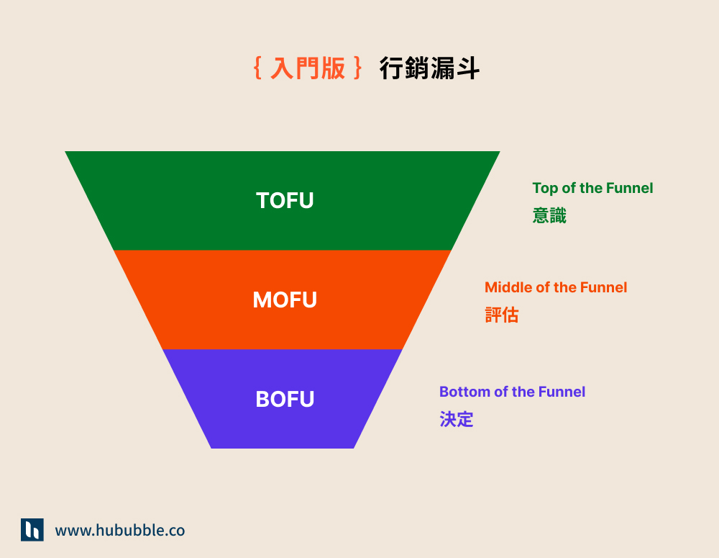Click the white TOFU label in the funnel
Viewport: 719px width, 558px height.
coord(285,200)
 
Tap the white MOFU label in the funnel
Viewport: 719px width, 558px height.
coord(285,300)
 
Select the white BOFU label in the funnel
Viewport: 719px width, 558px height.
coord(285,399)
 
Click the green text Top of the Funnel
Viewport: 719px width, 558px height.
coord(592,188)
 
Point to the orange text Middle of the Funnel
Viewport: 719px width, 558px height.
coord(556,287)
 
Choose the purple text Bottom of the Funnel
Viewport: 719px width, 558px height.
coord(512,392)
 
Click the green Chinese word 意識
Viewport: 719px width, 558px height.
coord(549,215)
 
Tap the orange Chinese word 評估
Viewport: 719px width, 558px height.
coord(501,315)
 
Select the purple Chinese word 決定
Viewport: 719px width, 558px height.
coord(457,419)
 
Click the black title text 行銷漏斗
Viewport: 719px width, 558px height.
coord(429,68)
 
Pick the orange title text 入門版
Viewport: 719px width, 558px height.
coord(308,68)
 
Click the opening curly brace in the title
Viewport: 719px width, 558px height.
coord(257,68)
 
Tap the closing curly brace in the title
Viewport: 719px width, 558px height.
coord(358,68)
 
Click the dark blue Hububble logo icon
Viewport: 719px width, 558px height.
coord(32,530)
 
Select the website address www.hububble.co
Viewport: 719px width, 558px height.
coord(120,531)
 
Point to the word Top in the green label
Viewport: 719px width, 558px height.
coord(544,188)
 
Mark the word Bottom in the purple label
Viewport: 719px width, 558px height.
coord(461,392)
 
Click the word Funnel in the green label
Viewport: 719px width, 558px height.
coord(630,188)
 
